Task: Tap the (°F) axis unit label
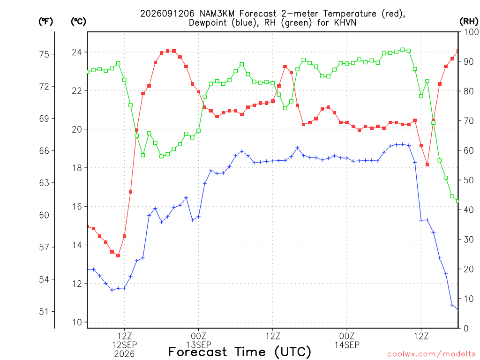pos(45,22)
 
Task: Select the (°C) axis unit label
pos(78,22)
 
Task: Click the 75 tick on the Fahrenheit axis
pos(44,54)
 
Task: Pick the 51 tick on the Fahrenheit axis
pos(44,312)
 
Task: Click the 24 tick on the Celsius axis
pos(77,52)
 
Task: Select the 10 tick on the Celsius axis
pos(77,322)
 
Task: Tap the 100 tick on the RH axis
pos(471,32)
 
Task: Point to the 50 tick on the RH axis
pos(468,180)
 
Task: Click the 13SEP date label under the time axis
pos(198,345)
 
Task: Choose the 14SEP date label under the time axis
pos(347,345)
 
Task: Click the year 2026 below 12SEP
pos(124,354)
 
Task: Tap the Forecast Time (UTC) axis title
pos(240,352)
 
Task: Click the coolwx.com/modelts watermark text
pos(431,354)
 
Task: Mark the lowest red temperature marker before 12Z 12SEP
pos(118,255)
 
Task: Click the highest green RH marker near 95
pos(403,50)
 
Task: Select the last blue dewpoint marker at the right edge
pos(458,308)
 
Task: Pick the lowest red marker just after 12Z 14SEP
pos(427,165)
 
